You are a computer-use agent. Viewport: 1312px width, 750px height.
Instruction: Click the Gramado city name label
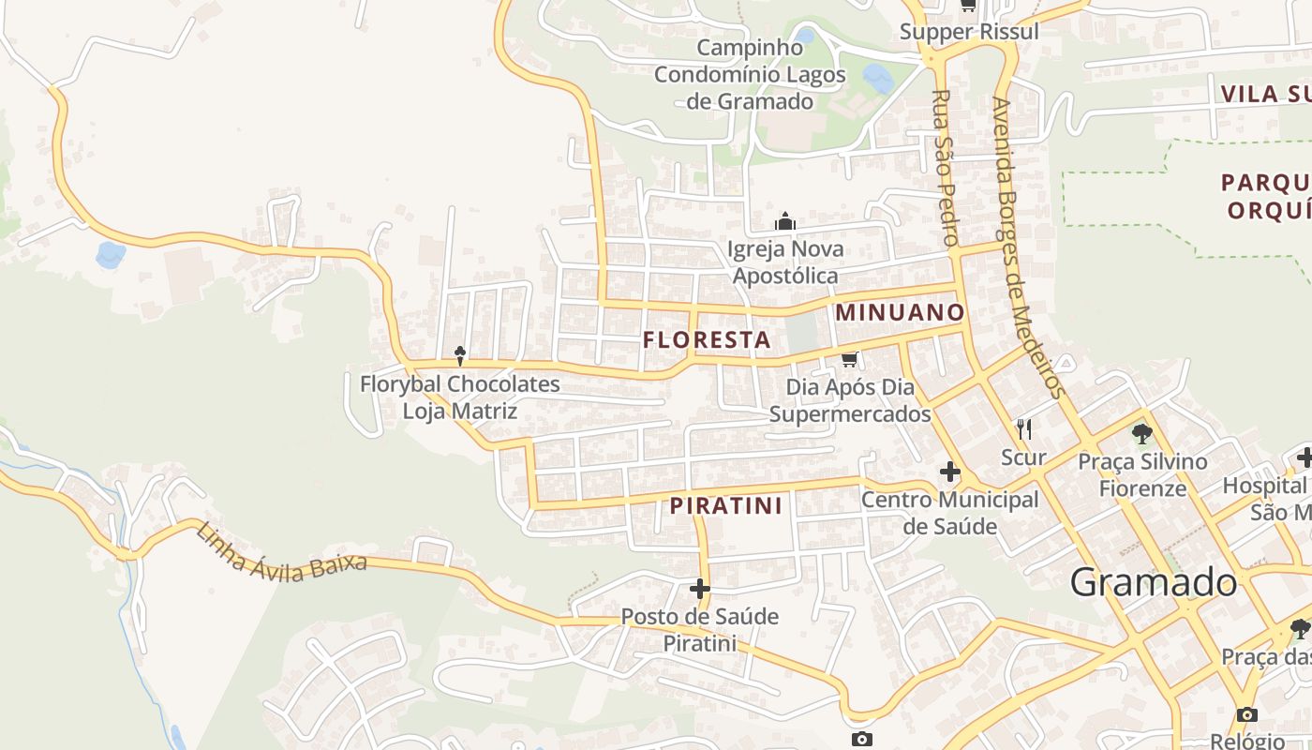[x=1153, y=582]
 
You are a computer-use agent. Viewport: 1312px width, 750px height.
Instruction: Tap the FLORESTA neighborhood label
[x=708, y=339]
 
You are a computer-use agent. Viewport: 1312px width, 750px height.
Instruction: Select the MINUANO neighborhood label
[x=900, y=312]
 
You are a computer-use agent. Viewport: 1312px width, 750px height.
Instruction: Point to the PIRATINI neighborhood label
[x=726, y=506]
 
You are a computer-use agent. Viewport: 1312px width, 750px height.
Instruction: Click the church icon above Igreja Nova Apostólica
[x=785, y=222]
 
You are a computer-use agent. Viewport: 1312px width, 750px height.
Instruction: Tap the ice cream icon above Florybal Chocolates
[x=460, y=355]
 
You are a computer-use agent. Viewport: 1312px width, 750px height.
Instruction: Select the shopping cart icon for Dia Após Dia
[x=850, y=359]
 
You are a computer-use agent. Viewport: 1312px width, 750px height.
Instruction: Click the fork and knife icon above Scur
[x=1024, y=429]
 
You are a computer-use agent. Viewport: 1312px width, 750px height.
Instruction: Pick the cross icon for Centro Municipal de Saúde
[x=950, y=472]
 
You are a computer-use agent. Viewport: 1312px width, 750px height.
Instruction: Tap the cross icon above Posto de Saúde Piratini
[x=700, y=589]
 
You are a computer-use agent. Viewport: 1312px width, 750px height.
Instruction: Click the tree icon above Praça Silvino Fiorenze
[x=1141, y=433]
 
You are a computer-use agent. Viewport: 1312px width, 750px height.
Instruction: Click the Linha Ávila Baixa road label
[x=280, y=555]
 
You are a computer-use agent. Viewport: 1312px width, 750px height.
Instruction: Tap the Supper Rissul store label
[x=969, y=32]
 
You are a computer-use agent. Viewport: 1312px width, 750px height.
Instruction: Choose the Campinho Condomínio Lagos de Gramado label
[x=750, y=74]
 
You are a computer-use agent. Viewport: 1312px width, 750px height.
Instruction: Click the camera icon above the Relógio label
[x=1246, y=714]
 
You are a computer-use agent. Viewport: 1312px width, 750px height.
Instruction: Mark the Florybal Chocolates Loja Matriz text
[x=460, y=397]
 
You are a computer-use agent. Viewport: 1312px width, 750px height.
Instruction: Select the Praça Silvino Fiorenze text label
[x=1142, y=474]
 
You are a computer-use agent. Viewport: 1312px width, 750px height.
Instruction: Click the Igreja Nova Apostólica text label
[x=785, y=262]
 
